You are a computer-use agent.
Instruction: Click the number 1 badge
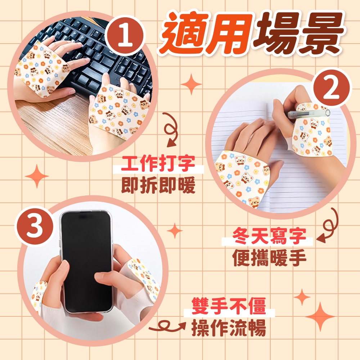[x=125, y=36]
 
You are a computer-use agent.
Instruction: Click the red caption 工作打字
[x=158, y=163]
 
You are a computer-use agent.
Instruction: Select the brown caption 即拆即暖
[x=158, y=185]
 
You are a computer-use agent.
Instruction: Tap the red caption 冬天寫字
[x=270, y=236]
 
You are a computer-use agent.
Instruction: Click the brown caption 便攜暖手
[x=270, y=257]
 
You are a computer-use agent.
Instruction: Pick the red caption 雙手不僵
[x=229, y=306]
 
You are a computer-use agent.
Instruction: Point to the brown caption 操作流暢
[x=229, y=328]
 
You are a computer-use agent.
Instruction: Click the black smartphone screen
[x=87, y=261]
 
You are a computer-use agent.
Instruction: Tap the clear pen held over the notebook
[x=309, y=113]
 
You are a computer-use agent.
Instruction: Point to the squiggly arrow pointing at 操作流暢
[x=167, y=327]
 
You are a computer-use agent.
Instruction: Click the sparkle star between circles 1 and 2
[x=191, y=84]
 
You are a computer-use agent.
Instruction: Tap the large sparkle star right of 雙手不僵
[x=320, y=316]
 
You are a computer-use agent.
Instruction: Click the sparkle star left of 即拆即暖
[x=37, y=176]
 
